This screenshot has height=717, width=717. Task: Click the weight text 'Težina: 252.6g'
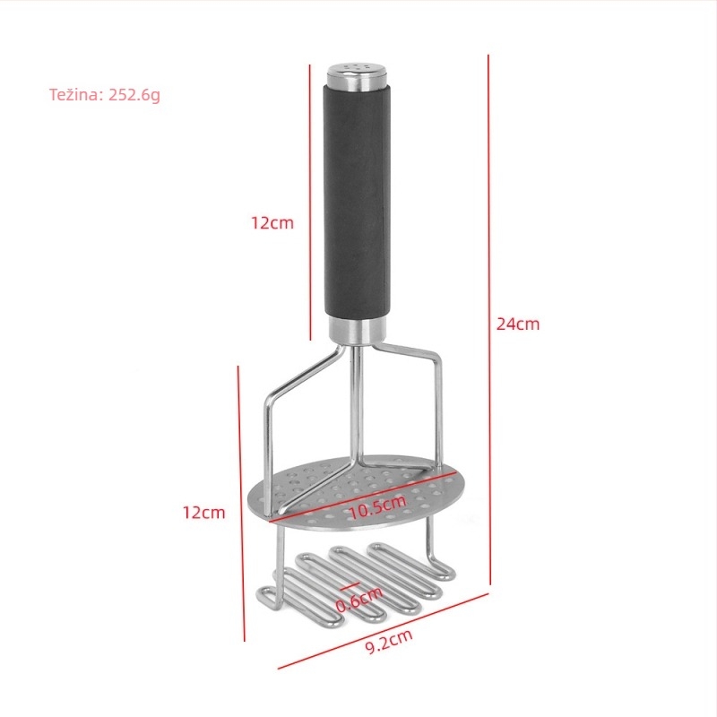[105, 95]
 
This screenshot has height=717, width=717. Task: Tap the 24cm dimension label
[518, 324]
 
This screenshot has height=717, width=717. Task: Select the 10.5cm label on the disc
[377, 506]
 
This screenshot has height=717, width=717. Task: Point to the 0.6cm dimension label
[359, 599]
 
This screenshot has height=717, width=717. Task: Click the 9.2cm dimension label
[389, 641]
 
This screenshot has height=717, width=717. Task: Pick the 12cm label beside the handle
[272, 222]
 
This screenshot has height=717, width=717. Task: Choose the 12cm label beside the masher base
[204, 513]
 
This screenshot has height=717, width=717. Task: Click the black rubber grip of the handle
[357, 201]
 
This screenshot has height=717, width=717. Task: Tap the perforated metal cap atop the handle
[357, 76]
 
